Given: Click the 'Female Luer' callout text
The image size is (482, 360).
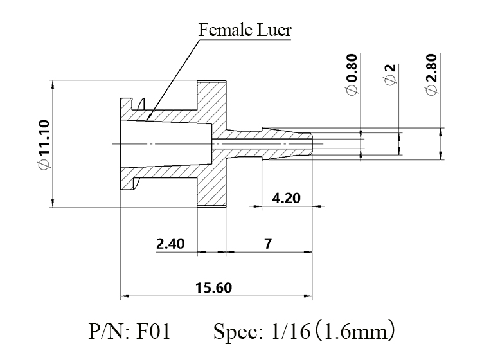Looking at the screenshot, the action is coord(245,30).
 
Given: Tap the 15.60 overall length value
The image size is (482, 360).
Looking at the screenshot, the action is coord(213,288).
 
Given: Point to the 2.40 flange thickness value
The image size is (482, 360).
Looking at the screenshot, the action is coord(170,244).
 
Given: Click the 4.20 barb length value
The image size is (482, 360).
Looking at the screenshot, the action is coord(286,198).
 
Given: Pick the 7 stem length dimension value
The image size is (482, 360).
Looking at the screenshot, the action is coord(268,244).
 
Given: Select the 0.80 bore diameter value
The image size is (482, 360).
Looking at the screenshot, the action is coord(352,67).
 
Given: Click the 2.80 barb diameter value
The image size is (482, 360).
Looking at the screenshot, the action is coord(432,67).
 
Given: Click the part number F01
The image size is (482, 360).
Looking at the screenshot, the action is coord(153,332).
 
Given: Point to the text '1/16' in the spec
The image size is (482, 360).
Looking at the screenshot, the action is coord(290,332).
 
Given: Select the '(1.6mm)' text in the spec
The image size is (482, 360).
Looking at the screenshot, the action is coord(355,331).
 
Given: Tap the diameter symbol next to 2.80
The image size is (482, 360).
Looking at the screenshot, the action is coord(432,90).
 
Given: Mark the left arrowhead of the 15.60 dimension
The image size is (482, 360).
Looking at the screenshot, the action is coord(124,296).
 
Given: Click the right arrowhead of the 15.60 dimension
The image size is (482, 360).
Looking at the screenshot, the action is coord(308,296).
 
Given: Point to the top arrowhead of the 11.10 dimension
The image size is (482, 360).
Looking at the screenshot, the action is coord(53,85).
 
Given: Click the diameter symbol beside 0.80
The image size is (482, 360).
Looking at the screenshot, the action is coord(352,90).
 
